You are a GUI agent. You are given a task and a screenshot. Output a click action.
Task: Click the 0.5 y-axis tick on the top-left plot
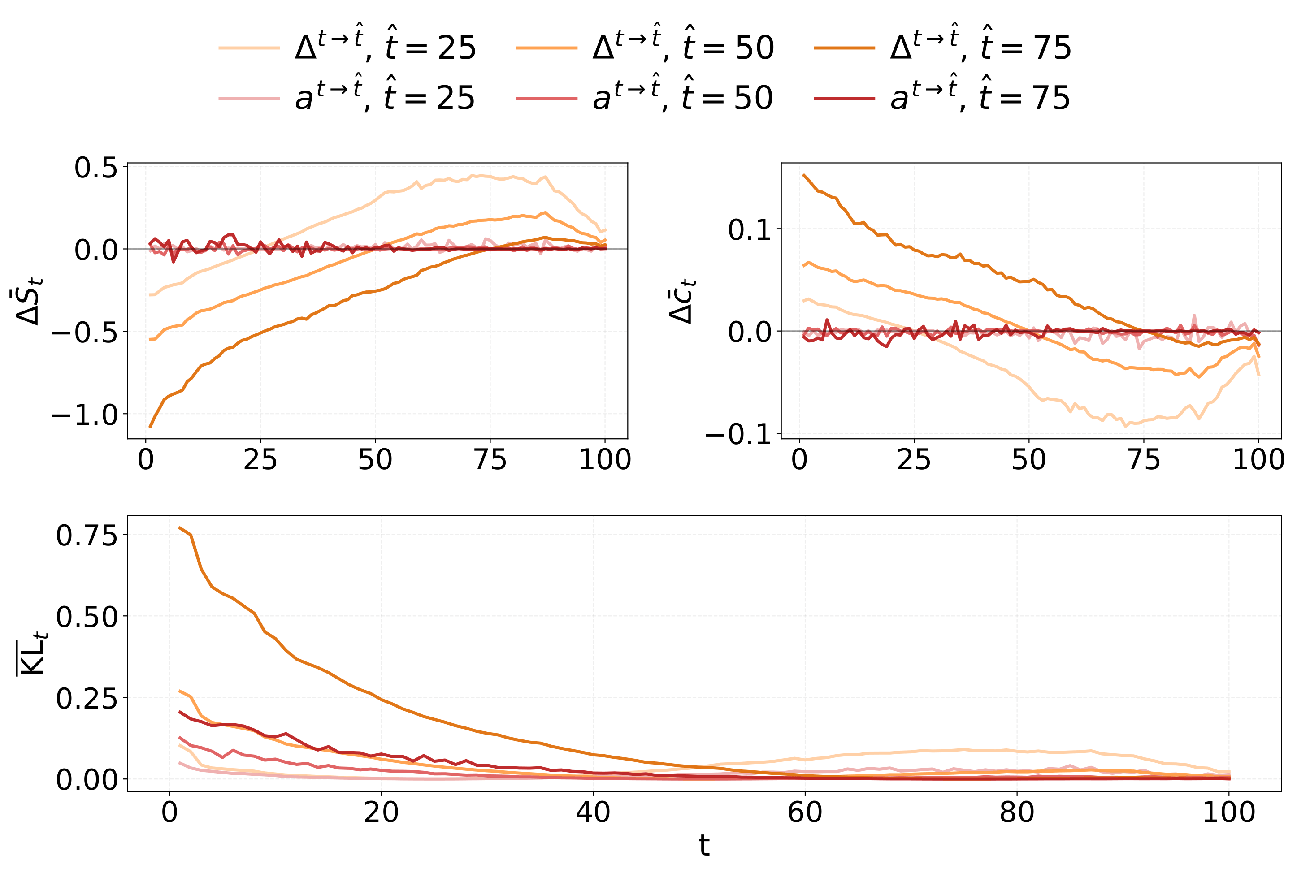click(96, 168)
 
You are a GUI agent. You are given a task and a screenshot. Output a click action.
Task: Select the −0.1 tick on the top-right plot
click(739, 435)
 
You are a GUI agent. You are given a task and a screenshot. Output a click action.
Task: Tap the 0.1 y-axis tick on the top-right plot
click(750, 229)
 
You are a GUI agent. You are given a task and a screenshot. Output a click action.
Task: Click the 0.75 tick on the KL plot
click(87, 535)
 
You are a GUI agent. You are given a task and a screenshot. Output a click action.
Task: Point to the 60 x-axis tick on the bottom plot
click(805, 812)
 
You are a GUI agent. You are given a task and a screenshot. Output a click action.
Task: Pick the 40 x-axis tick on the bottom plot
click(593, 812)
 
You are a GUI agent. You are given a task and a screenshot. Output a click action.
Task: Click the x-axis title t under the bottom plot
click(704, 846)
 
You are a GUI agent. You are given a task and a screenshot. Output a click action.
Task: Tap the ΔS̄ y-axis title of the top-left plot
click(28, 300)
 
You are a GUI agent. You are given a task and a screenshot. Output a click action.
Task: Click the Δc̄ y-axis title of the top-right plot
click(681, 300)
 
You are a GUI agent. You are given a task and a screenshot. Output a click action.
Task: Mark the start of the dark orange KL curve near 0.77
click(180, 527)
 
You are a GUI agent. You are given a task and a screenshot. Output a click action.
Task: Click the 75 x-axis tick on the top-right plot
click(1144, 460)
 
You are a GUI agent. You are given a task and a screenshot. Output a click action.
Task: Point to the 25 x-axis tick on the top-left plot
click(260, 460)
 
